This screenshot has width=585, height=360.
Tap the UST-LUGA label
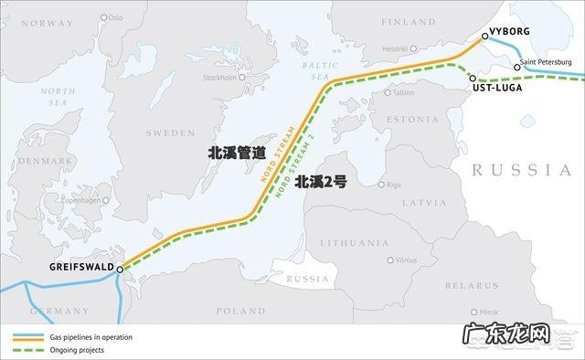click(498, 88)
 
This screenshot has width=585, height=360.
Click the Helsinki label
click(396, 48)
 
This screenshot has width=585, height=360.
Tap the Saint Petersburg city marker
click(516, 68)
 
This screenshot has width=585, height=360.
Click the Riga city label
click(394, 185)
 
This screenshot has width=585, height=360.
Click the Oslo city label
click(115, 17)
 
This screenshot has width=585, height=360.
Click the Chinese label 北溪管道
click(237, 154)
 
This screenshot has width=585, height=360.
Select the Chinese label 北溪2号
click(321, 182)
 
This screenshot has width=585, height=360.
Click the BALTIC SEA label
click(317, 71)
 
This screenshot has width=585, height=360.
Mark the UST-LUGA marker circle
click(473, 78)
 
